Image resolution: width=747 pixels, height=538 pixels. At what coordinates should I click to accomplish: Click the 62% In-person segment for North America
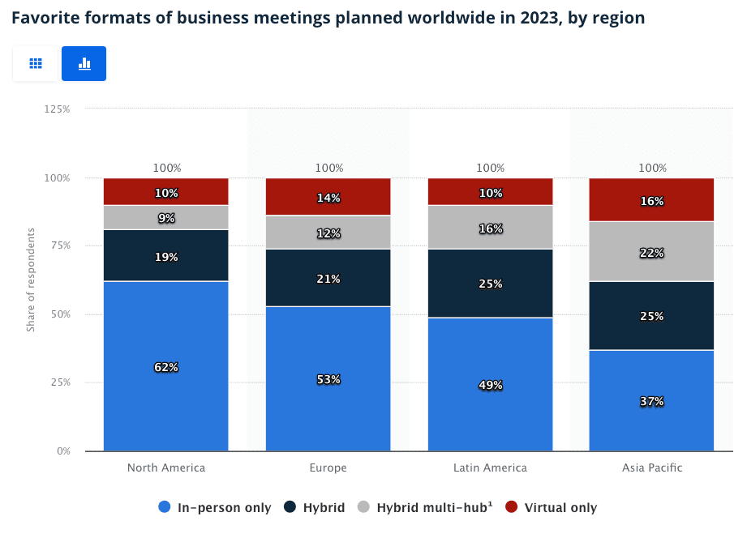[166, 367]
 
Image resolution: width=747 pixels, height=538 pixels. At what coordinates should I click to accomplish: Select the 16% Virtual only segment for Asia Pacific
[651, 200]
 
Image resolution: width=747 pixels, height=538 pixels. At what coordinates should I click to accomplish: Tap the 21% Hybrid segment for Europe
[328, 279]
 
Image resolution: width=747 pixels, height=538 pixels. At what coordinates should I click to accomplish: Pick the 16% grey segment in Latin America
[490, 228]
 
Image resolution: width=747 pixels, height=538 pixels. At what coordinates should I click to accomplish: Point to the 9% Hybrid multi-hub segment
[166, 218]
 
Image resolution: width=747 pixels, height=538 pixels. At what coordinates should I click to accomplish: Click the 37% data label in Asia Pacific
[652, 401]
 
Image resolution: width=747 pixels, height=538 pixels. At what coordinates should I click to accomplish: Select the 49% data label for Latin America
[490, 385]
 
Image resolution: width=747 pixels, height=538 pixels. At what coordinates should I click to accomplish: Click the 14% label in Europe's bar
[328, 198]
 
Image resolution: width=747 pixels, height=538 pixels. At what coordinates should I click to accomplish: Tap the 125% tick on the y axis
[57, 109]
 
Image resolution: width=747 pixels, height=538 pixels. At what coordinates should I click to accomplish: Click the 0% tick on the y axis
[62, 450]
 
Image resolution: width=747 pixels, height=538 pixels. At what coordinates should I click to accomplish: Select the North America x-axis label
[166, 468]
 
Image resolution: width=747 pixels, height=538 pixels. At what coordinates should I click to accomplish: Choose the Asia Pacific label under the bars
[652, 468]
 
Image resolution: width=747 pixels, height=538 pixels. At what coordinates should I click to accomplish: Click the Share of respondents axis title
[31, 280]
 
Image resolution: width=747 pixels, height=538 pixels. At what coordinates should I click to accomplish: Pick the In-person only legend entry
[215, 508]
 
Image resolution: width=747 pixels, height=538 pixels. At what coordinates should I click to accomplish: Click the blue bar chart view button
[84, 63]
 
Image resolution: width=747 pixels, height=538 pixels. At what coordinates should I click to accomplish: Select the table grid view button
[36, 63]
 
